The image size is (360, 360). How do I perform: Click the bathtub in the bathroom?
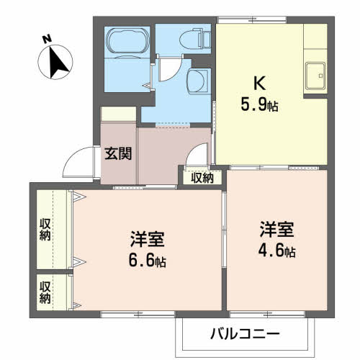pos(127,42)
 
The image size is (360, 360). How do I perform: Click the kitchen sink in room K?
pos(315,73)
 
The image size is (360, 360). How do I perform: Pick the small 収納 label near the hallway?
pos(202,177)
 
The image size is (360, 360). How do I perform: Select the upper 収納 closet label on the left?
pos(45,229)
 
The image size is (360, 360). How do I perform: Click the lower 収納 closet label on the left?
pos(45,289)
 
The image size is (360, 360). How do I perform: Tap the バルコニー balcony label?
pos(244,333)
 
